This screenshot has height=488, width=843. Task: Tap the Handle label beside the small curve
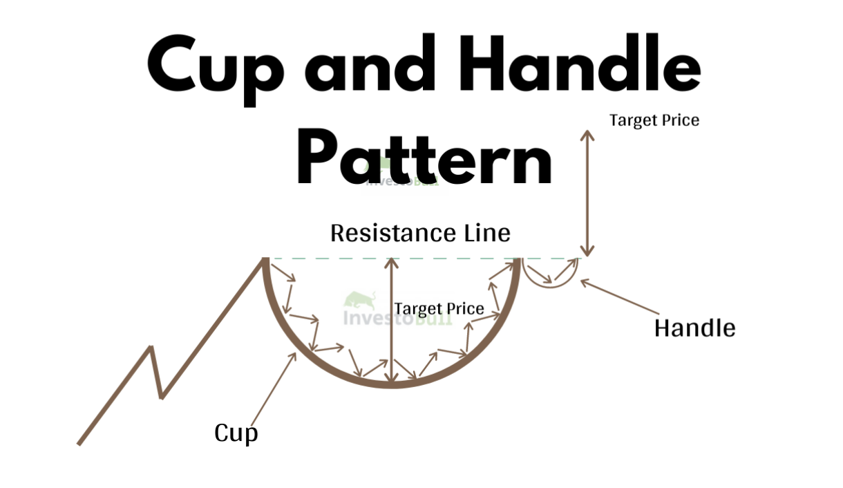[x=694, y=328]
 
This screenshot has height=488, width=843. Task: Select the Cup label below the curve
[x=236, y=433]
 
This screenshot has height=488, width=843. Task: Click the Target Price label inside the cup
[x=439, y=308]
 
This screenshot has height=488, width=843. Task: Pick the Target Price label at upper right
[x=654, y=120]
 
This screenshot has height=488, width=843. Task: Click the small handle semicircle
[x=549, y=276]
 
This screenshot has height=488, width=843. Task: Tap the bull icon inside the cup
[x=358, y=301]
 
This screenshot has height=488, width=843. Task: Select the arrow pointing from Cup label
[x=273, y=387]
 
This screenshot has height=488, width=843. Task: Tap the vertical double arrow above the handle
[x=587, y=194]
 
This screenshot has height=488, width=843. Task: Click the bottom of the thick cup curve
[x=392, y=384]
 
